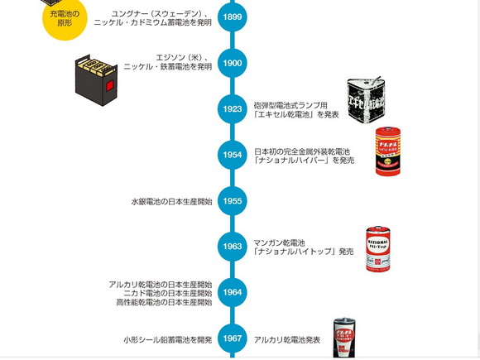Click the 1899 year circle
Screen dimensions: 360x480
point(233,17)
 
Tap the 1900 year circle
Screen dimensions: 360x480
point(233,63)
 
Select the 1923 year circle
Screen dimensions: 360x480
point(233,108)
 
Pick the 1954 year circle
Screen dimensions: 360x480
point(233,155)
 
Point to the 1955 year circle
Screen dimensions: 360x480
point(233,201)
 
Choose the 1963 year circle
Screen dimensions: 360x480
point(233,247)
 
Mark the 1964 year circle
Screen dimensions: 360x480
point(233,292)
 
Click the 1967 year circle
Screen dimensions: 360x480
point(233,338)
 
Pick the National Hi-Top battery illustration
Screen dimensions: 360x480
point(377,248)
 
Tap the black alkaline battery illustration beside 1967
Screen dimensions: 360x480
point(344,338)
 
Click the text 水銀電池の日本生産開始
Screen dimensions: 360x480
point(171,201)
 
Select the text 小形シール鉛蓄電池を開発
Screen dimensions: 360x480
point(168,339)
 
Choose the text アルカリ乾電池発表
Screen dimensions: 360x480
point(287,339)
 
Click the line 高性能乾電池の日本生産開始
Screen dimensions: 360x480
point(164,302)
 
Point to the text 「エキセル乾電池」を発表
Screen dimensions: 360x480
point(296,114)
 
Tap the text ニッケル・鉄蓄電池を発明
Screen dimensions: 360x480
point(168,67)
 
